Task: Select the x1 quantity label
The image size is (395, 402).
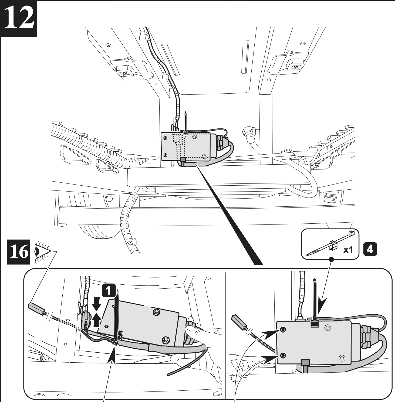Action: click(348, 250)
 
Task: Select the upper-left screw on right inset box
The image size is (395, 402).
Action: click(283, 330)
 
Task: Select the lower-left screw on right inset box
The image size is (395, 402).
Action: click(283, 356)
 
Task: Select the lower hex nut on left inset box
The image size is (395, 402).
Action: click(164, 339)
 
